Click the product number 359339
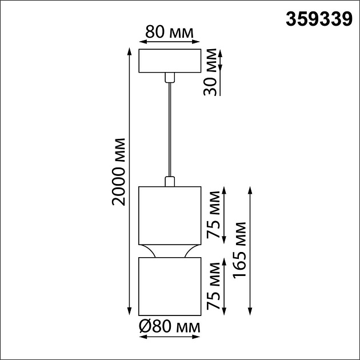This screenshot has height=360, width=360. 318,20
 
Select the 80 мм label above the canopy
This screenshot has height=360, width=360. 169,32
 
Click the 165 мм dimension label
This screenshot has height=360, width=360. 240,250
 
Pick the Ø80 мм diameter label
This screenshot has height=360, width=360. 169,327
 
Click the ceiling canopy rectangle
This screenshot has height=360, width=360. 169,61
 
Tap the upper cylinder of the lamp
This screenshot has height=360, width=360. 169,214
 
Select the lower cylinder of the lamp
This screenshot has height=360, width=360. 169,286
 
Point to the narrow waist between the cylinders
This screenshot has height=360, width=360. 169,251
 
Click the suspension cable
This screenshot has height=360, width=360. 169,131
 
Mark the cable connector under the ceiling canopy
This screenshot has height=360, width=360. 169,78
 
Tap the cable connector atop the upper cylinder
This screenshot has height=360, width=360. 169,182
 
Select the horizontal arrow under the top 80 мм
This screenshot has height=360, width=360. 169,42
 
